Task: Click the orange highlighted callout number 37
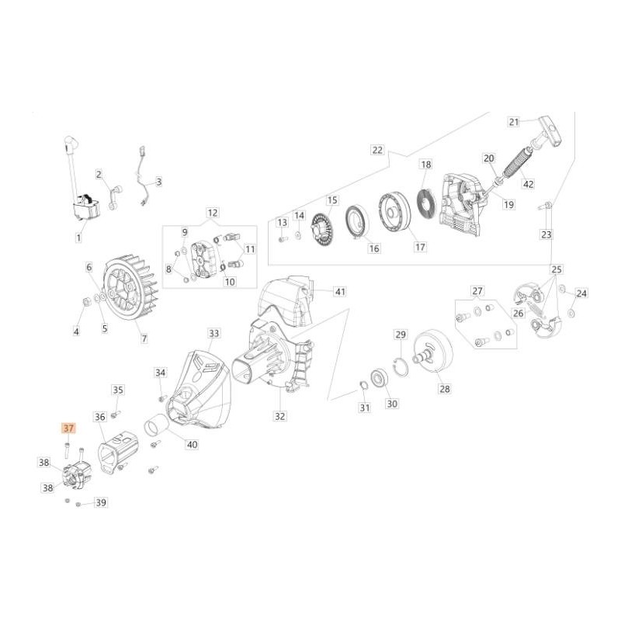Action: click(x=68, y=428)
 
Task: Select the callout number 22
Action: click(x=378, y=149)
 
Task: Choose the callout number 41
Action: click(x=339, y=291)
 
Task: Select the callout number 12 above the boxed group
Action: click(x=212, y=212)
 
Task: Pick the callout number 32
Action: click(x=279, y=416)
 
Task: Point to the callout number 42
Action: click(x=550, y=184)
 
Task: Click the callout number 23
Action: click(x=546, y=234)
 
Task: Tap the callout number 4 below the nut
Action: click(x=76, y=331)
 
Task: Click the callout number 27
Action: click(x=477, y=291)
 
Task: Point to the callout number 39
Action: click(x=100, y=503)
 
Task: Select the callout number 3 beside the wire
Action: click(x=158, y=182)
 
